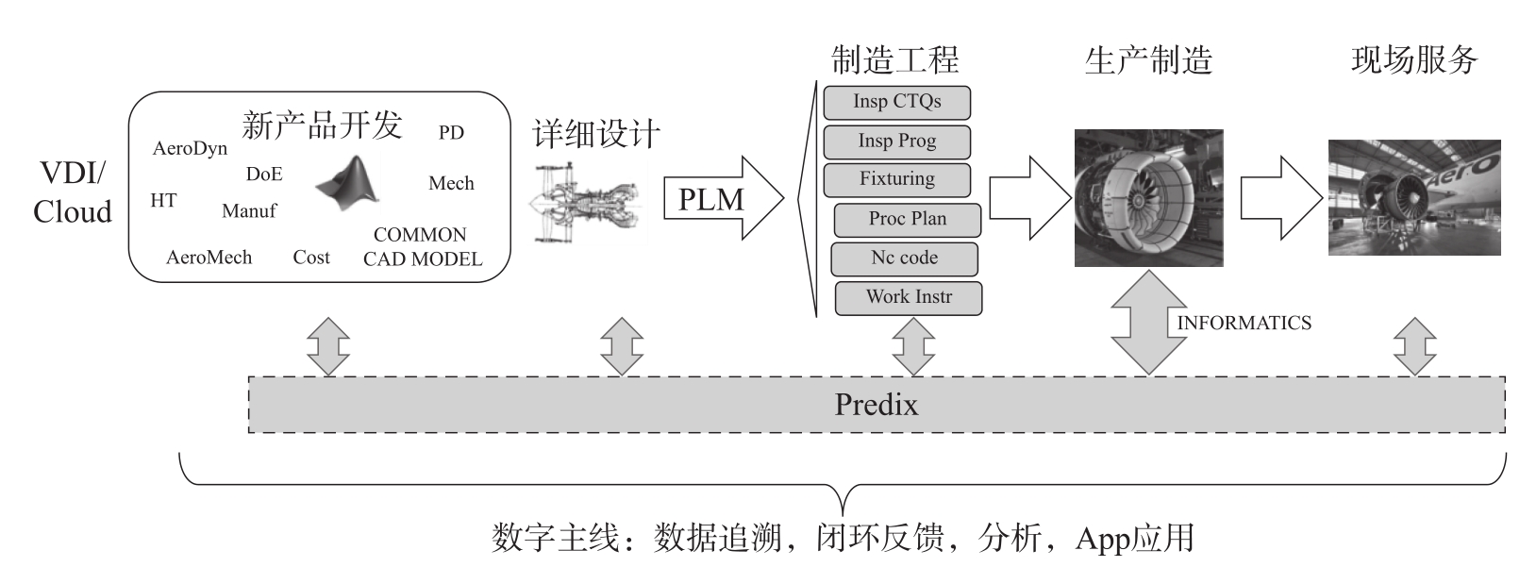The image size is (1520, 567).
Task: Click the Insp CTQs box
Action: pyautogui.click(x=896, y=102)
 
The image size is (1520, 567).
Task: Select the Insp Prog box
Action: pyautogui.click(x=896, y=142)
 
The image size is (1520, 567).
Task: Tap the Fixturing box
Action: pyautogui.click(x=896, y=179)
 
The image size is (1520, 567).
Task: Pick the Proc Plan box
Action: pyautogui.click(x=907, y=219)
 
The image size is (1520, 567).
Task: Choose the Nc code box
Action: pyautogui.click(x=904, y=258)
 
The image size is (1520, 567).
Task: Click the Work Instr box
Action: pyautogui.click(x=908, y=297)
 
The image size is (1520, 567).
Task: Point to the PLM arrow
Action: pyautogui.click(x=722, y=198)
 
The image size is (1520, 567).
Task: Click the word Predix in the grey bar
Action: pyautogui.click(x=876, y=405)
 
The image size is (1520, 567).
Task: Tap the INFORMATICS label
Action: pyautogui.click(x=1244, y=323)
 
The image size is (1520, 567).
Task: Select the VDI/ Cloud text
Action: pyautogui.click(x=73, y=192)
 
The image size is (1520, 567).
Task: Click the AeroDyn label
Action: pyautogui.click(x=190, y=149)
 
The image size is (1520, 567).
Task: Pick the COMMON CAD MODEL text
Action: pyautogui.click(x=422, y=246)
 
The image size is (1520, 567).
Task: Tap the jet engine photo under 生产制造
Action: pyautogui.click(x=1148, y=198)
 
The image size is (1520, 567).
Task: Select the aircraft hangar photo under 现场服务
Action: pyautogui.click(x=1413, y=197)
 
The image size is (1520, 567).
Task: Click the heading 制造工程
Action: pyautogui.click(x=894, y=59)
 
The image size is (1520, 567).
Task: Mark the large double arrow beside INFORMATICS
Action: pyautogui.click(x=1148, y=323)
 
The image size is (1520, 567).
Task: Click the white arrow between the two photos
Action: pyautogui.click(x=1281, y=197)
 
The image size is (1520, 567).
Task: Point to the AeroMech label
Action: pyautogui.click(x=209, y=258)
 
